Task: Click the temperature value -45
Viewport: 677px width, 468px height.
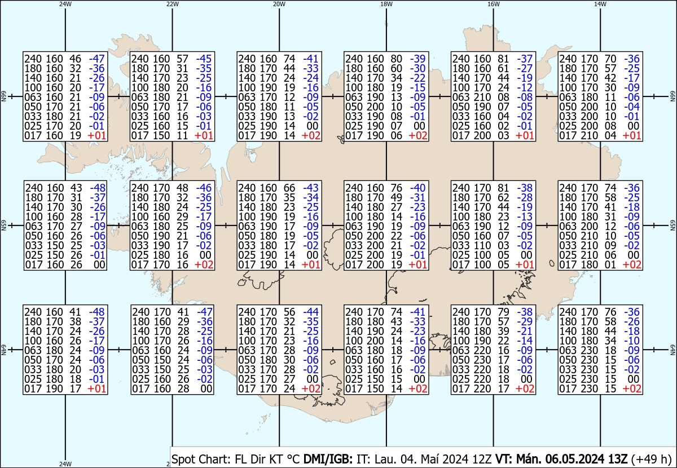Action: (x=204, y=58)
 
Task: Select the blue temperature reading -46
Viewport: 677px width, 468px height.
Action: (x=204, y=188)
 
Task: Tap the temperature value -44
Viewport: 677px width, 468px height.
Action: (x=311, y=312)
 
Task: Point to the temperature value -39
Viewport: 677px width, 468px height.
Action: (x=418, y=58)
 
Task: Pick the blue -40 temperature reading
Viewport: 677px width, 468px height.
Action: (x=418, y=188)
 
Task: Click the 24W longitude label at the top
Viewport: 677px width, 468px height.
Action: (x=65, y=4)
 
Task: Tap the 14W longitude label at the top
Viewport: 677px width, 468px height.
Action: (x=600, y=4)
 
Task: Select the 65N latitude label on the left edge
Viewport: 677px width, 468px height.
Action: (x=3, y=226)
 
